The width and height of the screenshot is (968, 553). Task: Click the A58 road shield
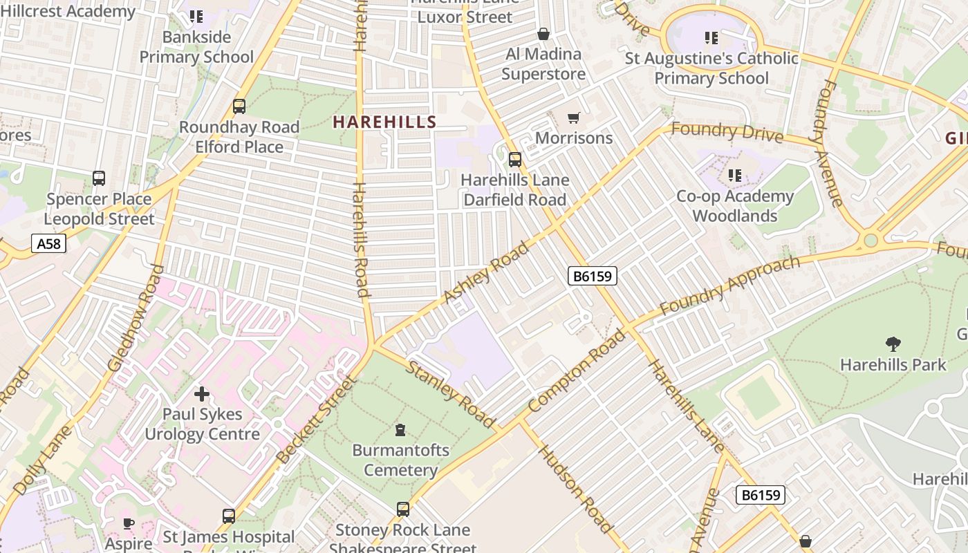(x=48, y=243)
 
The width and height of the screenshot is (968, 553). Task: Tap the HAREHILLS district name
(x=384, y=122)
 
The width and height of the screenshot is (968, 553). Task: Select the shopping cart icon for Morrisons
(x=573, y=118)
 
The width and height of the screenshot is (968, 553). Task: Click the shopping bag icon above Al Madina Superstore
(x=543, y=34)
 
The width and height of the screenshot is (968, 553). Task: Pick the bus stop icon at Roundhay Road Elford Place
(x=239, y=106)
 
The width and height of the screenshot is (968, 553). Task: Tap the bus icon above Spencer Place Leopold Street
(x=99, y=178)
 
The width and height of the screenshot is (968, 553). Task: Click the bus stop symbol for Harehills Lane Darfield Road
(x=515, y=160)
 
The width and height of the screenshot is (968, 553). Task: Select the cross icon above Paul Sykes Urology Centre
(x=202, y=394)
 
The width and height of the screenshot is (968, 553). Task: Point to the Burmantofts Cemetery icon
(x=400, y=430)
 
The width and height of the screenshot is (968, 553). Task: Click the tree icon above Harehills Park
(x=893, y=344)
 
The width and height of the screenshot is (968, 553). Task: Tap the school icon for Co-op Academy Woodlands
(x=735, y=176)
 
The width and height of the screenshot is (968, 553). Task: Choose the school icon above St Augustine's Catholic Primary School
(x=711, y=38)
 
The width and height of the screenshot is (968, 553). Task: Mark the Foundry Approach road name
(x=729, y=285)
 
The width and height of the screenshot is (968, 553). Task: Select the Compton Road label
(x=576, y=371)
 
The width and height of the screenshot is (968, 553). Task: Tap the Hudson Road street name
(x=575, y=489)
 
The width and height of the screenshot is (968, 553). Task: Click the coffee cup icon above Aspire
(x=128, y=523)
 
